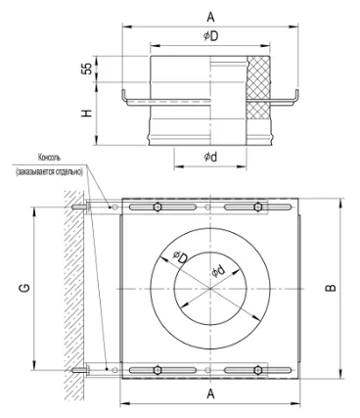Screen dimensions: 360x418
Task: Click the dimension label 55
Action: [87, 69]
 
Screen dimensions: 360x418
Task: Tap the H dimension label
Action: [87, 113]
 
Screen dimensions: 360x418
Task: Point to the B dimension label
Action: [331, 288]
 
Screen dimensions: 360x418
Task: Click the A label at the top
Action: [211, 18]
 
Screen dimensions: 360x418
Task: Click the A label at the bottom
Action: [211, 394]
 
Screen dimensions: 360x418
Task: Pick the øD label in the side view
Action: [211, 36]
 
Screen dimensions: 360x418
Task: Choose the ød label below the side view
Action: [210, 157]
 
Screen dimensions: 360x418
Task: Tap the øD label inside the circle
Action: [180, 257]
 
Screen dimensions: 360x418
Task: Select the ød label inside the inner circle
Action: [219, 271]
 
